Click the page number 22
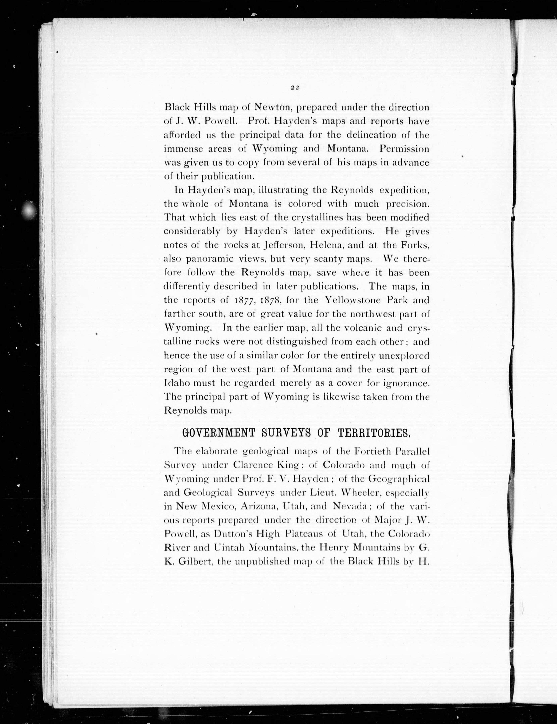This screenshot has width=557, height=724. pyautogui.click(x=295, y=88)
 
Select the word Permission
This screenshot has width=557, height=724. pyautogui.click(x=404, y=149)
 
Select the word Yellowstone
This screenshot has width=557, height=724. pyautogui.click(x=353, y=300)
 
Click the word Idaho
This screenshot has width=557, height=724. pyautogui.click(x=176, y=383)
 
